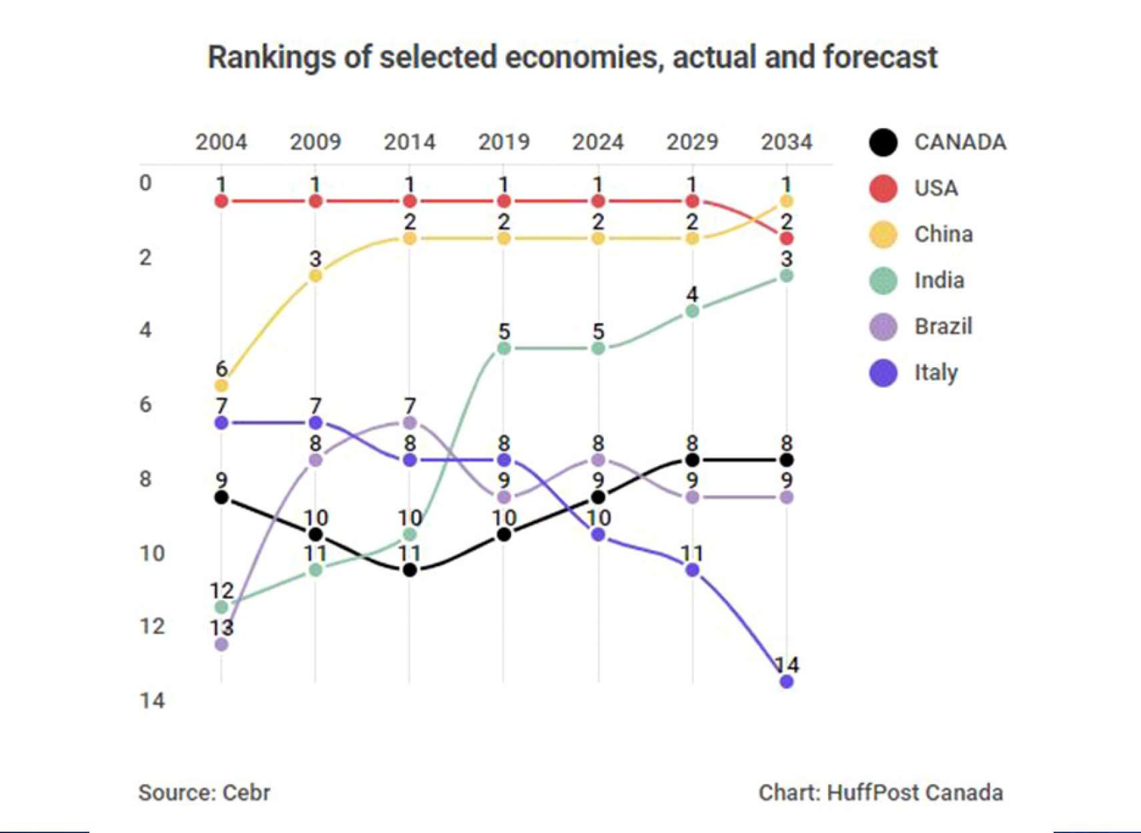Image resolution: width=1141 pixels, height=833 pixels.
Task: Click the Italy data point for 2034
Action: click(x=787, y=681)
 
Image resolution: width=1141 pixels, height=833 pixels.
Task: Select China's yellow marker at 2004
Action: click(x=222, y=385)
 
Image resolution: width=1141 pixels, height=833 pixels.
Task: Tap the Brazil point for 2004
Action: click(x=222, y=644)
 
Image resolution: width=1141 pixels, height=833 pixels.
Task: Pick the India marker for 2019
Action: click(x=504, y=348)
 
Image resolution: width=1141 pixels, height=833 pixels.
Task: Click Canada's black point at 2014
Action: click(x=410, y=570)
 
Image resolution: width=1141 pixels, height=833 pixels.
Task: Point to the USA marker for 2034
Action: click(x=787, y=238)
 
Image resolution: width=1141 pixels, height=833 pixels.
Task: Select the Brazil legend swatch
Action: click(x=883, y=326)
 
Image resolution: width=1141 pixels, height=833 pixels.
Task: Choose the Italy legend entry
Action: click(x=935, y=372)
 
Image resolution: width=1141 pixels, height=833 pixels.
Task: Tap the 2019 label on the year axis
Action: click(x=504, y=142)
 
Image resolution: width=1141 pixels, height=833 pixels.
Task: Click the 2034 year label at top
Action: click(x=787, y=142)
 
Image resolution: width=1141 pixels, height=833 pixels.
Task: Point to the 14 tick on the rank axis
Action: click(x=152, y=700)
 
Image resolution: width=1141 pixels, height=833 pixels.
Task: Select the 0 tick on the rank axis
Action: click(x=145, y=183)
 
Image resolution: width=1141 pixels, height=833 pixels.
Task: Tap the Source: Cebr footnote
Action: click(x=204, y=792)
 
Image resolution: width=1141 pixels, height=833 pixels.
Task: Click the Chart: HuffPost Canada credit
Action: click(x=881, y=792)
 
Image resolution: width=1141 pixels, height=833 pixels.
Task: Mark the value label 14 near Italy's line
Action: click(x=787, y=665)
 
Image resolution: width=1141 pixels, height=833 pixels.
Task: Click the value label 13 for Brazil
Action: click(x=222, y=627)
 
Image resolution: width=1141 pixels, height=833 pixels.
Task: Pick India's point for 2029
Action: click(x=693, y=311)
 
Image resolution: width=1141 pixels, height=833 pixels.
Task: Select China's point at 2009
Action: click(x=316, y=276)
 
